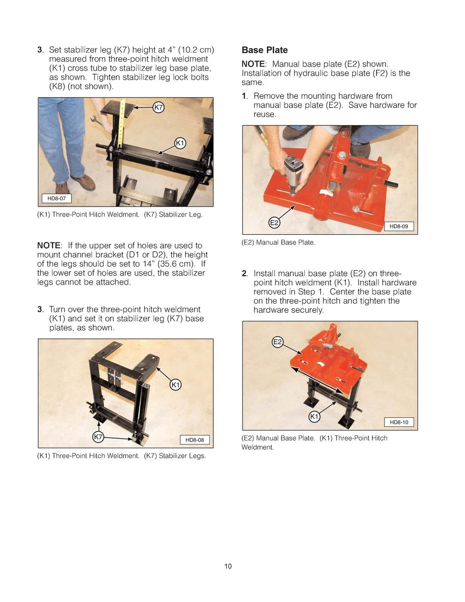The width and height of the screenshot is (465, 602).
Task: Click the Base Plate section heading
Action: [264, 50]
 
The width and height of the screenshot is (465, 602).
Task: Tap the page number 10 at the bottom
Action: [228, 566]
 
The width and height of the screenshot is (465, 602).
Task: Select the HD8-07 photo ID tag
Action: [56, 198]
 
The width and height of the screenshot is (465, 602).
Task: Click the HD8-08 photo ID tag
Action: [195, 439]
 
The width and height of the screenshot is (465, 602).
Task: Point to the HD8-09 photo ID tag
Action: [399, 226]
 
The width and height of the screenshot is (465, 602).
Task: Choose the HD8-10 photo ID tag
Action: [399, 422]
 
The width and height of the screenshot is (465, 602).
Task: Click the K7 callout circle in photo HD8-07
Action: [158, 108]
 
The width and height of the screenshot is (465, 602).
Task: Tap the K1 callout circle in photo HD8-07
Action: [180, 143]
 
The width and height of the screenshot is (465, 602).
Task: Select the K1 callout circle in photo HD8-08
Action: [175, 385]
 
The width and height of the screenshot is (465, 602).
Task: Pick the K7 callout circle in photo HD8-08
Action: [98, 437]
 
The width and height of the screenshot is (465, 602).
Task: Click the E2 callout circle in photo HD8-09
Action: [274, 222]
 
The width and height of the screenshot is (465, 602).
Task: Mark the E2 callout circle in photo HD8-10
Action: [277, 342]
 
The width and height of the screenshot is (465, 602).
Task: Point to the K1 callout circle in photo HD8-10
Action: [314, 416]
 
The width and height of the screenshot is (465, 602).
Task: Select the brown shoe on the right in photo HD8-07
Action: [83, 182]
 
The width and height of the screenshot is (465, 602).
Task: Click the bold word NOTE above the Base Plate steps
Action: [253, 64]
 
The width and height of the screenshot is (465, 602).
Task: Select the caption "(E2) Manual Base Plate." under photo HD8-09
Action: [278, 242]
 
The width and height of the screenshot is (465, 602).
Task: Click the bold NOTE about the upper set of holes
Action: [49, 246]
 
